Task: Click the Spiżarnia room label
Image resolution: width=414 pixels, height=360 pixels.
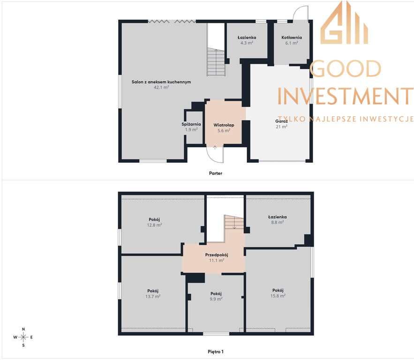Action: pyautogui.click(x=191, y=124)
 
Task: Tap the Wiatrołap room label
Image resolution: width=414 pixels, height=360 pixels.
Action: pyautogui.click(x=224, y=125)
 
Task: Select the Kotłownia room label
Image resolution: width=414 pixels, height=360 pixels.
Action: pyautogui.click(x=292, y=37)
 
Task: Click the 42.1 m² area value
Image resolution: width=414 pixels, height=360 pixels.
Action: pyautogui.click(x=161, y=87)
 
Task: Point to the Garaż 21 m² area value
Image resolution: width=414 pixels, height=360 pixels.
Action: pyautogui.click(x=281, y=127)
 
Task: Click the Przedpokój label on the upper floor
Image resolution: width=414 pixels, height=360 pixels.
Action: pyautogui.click(x=217, y=255)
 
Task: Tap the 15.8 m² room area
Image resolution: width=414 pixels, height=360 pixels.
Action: pyautogui.click(x=278, y=296)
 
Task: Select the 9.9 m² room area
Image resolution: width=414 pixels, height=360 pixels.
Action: pyautogui.click(x=216, y=299)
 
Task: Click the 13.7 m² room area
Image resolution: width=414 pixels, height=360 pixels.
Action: pyautogui.click(x=153, y=296)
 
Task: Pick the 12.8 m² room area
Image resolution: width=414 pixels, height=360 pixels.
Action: pyautogui.click(x=154, y=225)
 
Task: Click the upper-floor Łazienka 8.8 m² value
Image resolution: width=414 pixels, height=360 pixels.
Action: pyautogui.click(x=278, y=223)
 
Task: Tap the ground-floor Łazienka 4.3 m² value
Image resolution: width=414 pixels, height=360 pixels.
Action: pyautogui.click(x=247, y=43)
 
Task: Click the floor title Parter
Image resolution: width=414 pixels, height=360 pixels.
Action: pyautogui.click(x=216, y=173)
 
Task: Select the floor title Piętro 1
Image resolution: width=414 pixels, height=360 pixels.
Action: pyautogui.click(x=216, y=352)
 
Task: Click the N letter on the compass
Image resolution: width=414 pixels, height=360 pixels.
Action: pyautogui.click(x=23, y=329)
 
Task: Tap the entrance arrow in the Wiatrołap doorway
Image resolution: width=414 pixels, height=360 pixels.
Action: pyautogui.click(x=215, y=148)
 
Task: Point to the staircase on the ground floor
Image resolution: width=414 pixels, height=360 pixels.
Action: pyautogui.click(x=216, y=62)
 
